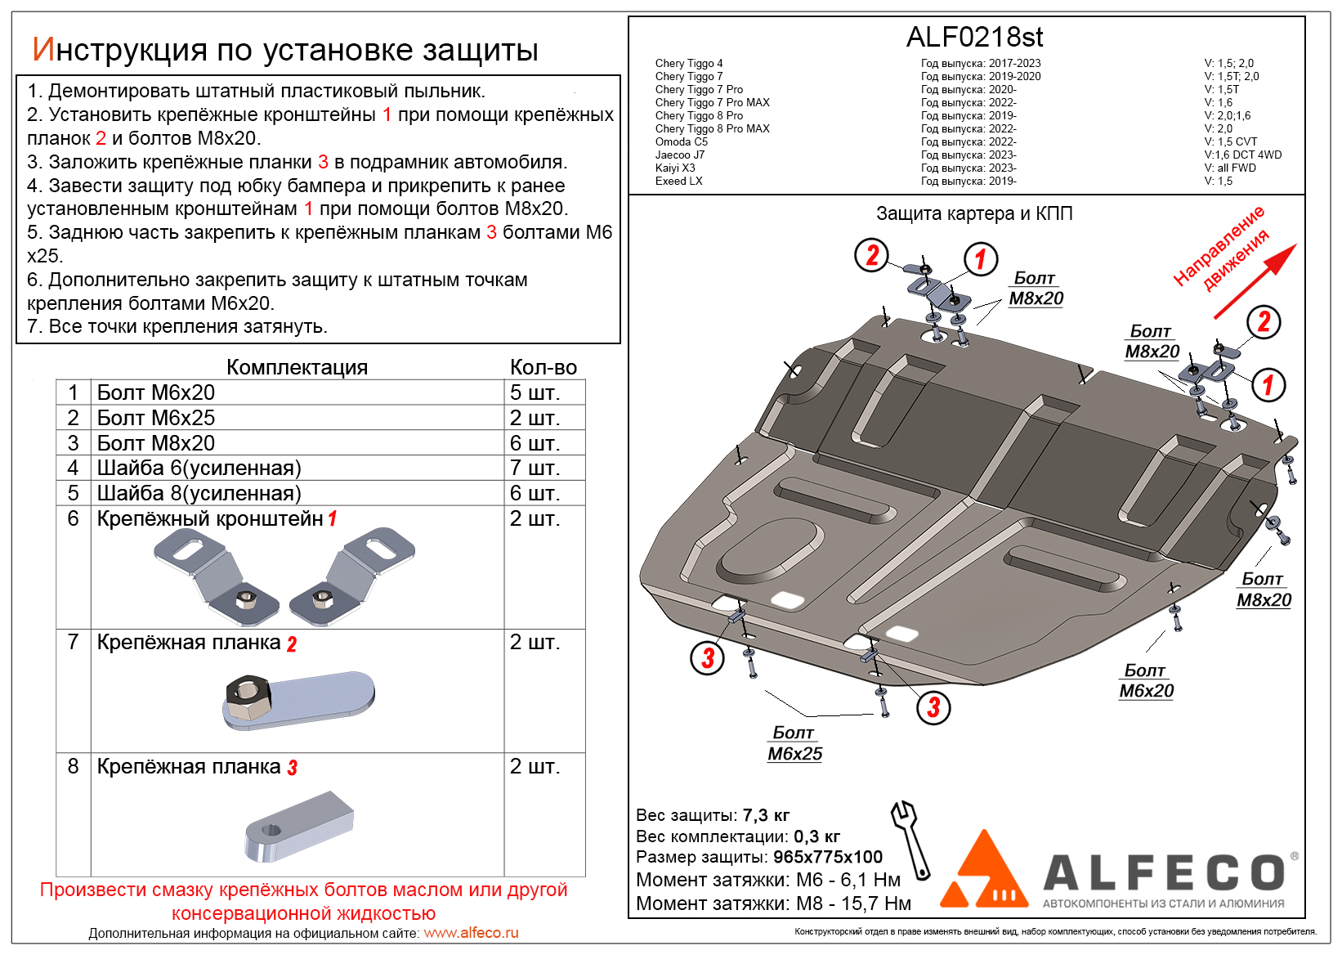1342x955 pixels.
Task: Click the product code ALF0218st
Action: point(974,38)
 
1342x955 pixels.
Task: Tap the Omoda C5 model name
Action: point(681,141)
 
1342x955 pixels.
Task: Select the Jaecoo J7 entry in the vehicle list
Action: point(679,155)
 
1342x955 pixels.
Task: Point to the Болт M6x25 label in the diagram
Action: point(794,743)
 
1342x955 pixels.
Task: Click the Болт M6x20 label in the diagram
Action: point(1146,680)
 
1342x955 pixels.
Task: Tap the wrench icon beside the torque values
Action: point(911,839)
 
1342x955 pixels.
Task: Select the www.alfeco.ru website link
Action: point(471,933)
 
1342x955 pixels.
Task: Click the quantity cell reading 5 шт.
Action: point(535,392)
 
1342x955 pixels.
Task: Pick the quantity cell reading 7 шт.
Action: point(535,468)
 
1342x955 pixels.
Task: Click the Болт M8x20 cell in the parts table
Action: point(156,443)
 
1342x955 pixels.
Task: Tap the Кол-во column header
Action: point(544,367)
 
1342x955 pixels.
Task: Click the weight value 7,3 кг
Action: point(766,815)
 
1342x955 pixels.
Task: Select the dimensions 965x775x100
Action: point(828,857)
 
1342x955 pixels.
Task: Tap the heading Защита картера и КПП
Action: point(974,213)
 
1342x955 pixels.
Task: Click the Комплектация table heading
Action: point(297,367)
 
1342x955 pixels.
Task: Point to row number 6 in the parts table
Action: point(74,518)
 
